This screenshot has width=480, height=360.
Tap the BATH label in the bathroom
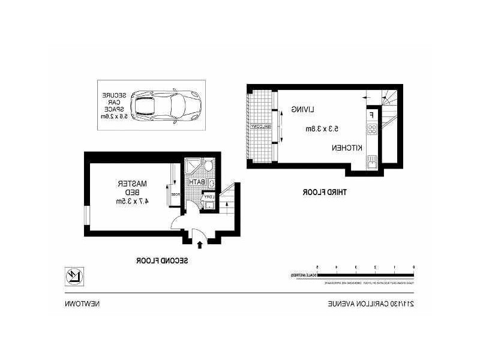tap(198, 182)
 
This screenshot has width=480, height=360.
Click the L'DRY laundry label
tap(208, 196)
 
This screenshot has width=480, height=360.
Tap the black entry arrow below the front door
tap(199, 244)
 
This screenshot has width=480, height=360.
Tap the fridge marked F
tap(372, 114)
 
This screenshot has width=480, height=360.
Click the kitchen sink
tap(372, 161)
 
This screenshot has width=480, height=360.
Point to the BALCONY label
tap(260, 126)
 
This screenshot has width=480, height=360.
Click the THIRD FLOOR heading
tap(327, 192)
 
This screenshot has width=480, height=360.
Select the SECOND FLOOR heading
tap(163, 260)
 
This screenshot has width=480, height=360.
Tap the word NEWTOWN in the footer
tap(83, 304)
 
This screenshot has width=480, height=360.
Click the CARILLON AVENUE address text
tap(371, 304)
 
